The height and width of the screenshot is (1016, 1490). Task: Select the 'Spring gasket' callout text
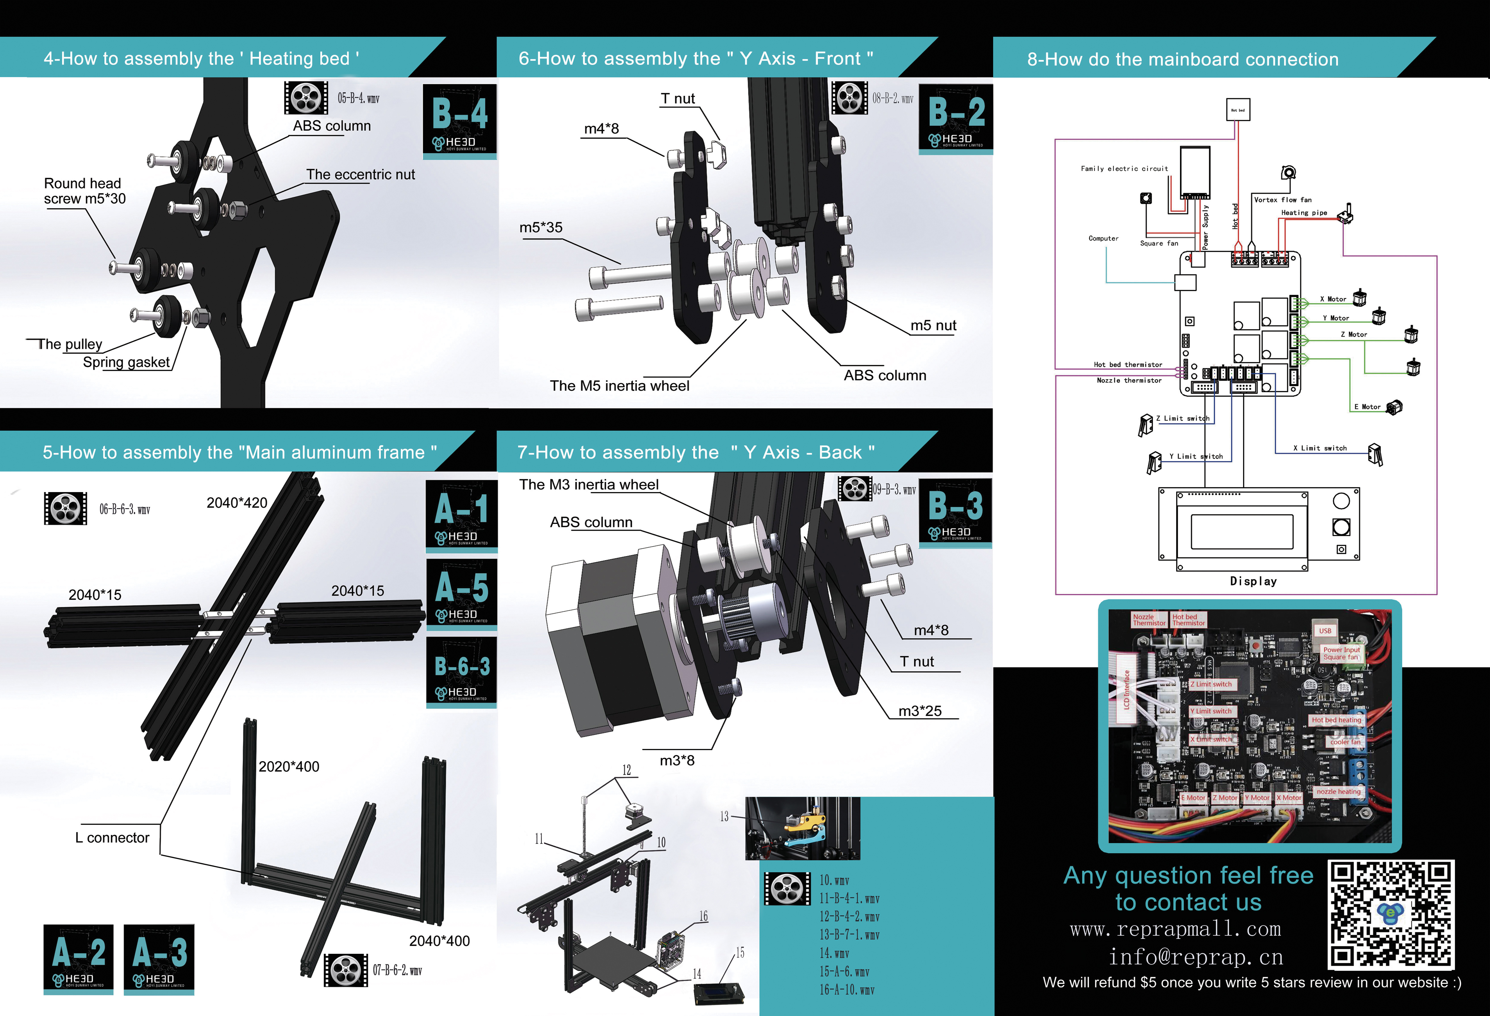(x=126, y=362)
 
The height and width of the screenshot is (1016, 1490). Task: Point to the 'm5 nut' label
(x=933, y=326)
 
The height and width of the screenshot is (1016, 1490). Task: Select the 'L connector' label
(x=112, y=838)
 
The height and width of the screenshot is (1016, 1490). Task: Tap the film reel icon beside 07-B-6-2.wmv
(x=345, y=970)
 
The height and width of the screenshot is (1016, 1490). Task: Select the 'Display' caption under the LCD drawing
(x=1253, y=581)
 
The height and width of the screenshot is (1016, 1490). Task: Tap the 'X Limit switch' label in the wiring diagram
(x=1320, y=448)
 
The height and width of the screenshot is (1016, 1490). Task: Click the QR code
(x=1390, y=914)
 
